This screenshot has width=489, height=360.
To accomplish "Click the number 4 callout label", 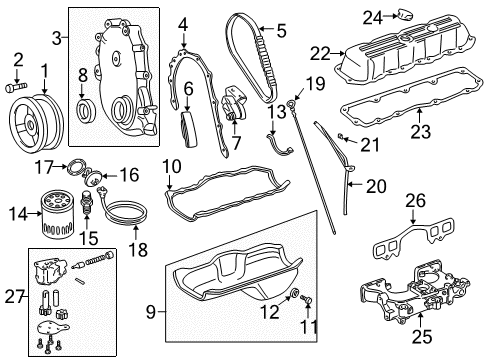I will (x=182, y=23).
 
